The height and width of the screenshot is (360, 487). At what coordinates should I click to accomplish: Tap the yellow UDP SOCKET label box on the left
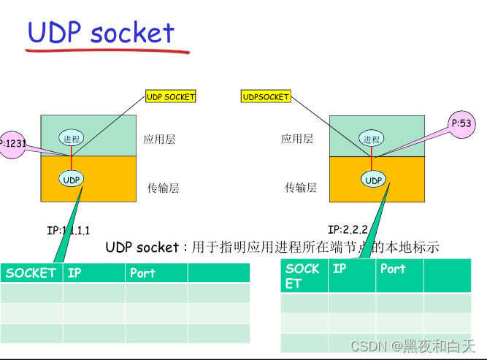[171, 96]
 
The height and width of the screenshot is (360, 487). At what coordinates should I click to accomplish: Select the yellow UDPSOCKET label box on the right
[266, 96]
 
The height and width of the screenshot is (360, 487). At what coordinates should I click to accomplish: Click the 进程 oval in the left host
[72, 139]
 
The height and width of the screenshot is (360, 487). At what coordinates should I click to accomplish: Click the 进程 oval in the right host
[371, 139]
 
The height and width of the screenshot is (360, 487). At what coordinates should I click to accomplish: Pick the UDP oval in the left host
[72, 179]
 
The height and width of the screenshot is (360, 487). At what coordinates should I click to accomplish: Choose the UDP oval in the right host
[373, 180]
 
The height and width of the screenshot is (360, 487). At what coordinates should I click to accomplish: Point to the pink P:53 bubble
[461, 124]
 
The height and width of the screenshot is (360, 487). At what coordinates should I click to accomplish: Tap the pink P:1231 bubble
[13, 144]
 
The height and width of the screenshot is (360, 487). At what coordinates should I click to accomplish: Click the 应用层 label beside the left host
[159, 139]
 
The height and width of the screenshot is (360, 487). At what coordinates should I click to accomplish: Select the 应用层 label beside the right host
[297, 139]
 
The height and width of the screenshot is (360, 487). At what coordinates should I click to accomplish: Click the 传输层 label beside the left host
[163, 188]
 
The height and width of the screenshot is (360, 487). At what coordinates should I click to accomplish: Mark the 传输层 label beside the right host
[301, 188]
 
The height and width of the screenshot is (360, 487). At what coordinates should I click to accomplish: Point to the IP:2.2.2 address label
[349, 229]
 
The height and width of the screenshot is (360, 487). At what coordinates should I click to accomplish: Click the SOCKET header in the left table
[31, 273]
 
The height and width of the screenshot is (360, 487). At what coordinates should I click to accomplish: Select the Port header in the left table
[142, 273]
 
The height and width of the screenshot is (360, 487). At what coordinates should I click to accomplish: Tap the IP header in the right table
[340, 269]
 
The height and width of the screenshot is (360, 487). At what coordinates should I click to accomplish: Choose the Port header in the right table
[393, 269]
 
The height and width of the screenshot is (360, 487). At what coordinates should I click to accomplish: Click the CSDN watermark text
[413, 345]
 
